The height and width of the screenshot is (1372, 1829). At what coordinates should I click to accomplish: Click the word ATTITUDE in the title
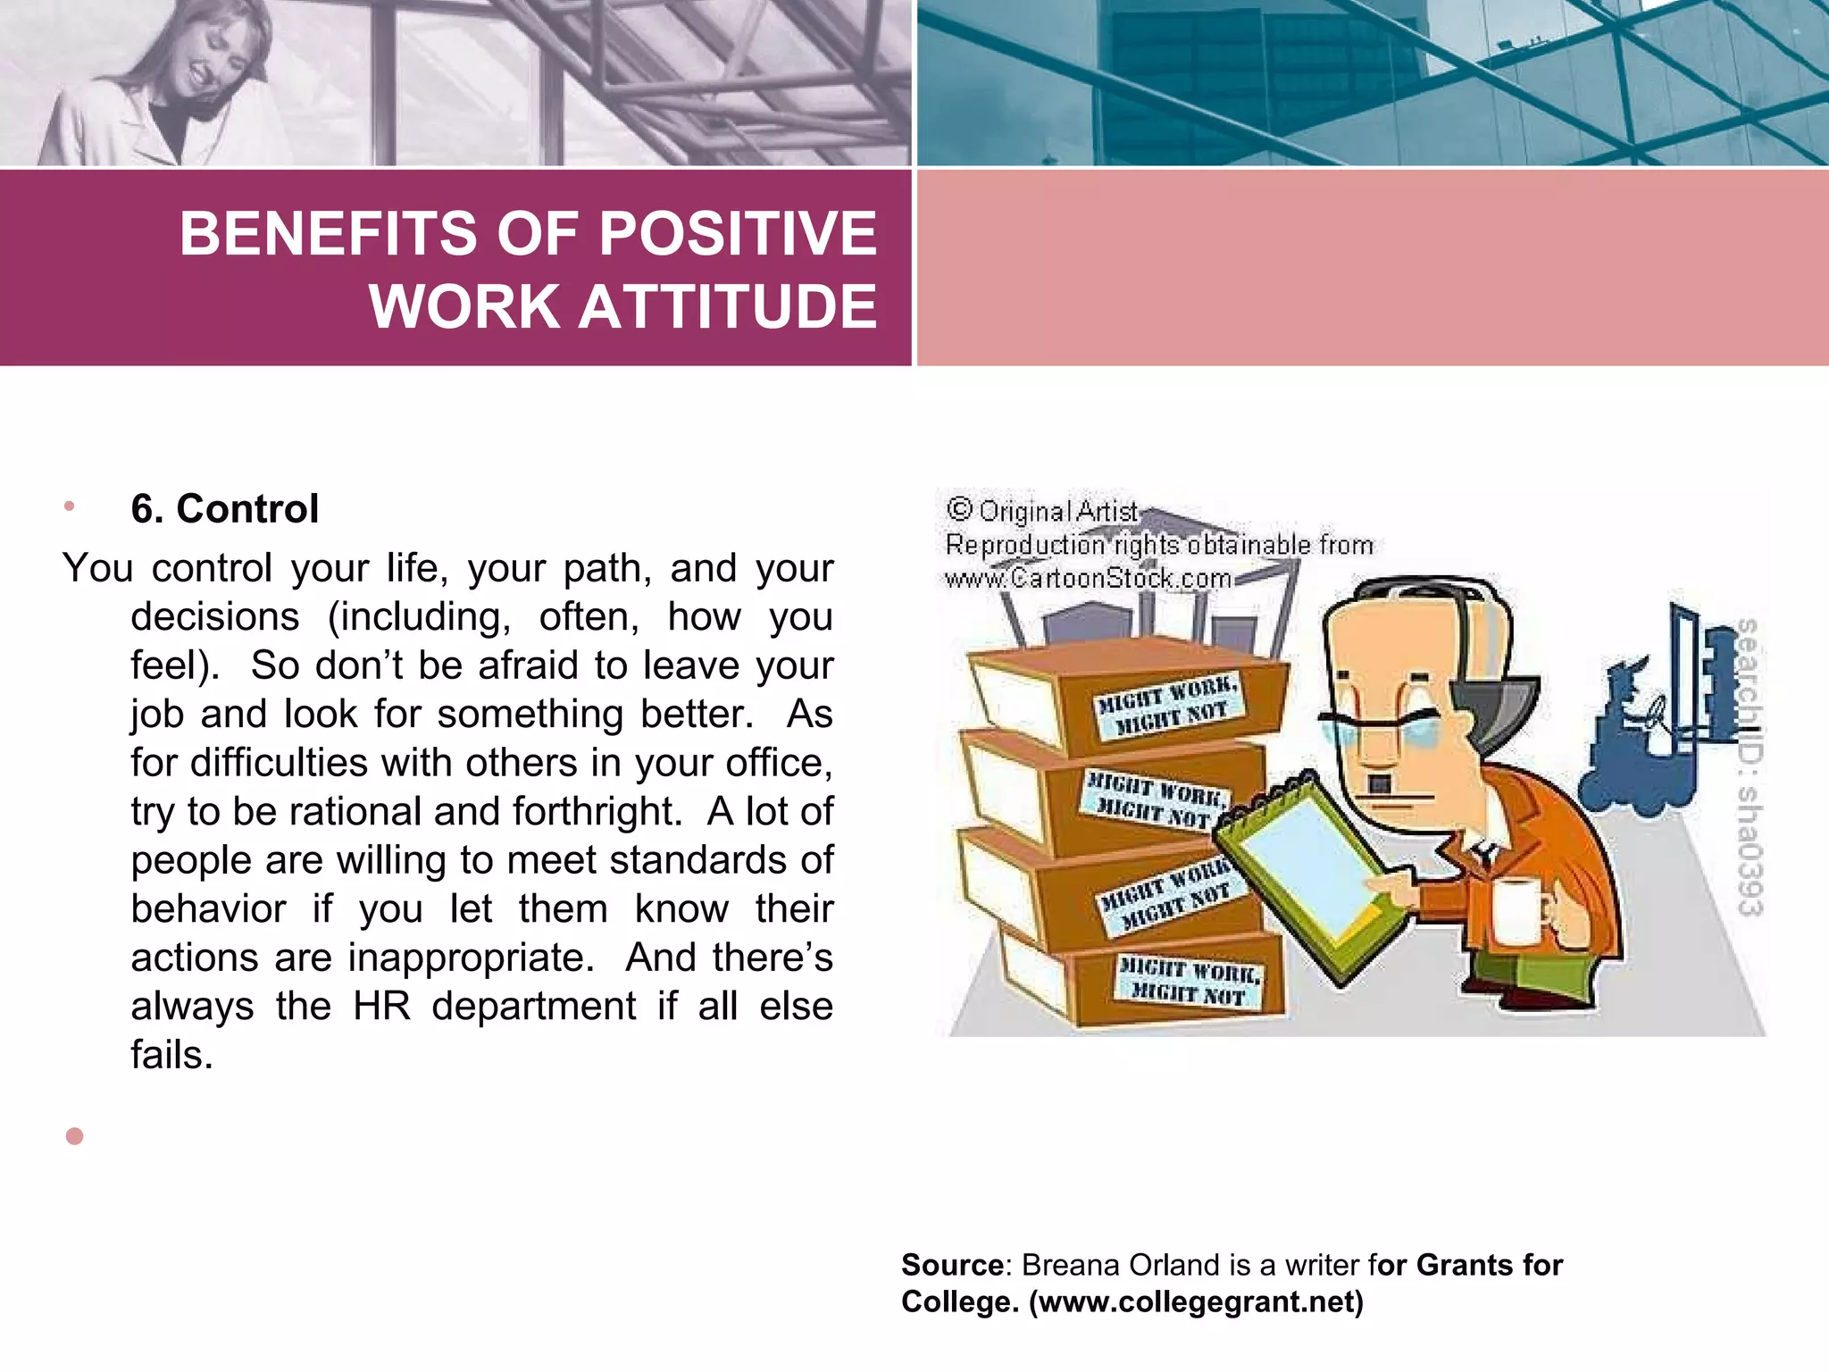click(728, 306)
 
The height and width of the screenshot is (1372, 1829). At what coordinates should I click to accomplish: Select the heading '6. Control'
click(224, 509)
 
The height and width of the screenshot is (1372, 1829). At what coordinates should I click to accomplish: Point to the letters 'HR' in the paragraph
click(382, 1006)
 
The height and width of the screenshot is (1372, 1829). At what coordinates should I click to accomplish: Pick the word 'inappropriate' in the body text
click(472, 958)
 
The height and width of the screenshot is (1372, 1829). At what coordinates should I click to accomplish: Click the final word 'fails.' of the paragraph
click(172, 1055)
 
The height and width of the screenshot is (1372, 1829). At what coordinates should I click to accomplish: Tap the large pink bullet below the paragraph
click(75, 1136)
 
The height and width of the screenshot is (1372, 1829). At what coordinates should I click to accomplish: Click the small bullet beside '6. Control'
click(70, 506)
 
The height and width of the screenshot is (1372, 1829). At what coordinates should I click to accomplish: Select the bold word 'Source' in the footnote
click(952, 1265)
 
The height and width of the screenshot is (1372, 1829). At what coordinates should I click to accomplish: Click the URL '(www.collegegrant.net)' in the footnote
click(1197, 1302)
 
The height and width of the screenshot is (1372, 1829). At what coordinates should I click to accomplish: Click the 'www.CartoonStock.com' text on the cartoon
click(1088, 579)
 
